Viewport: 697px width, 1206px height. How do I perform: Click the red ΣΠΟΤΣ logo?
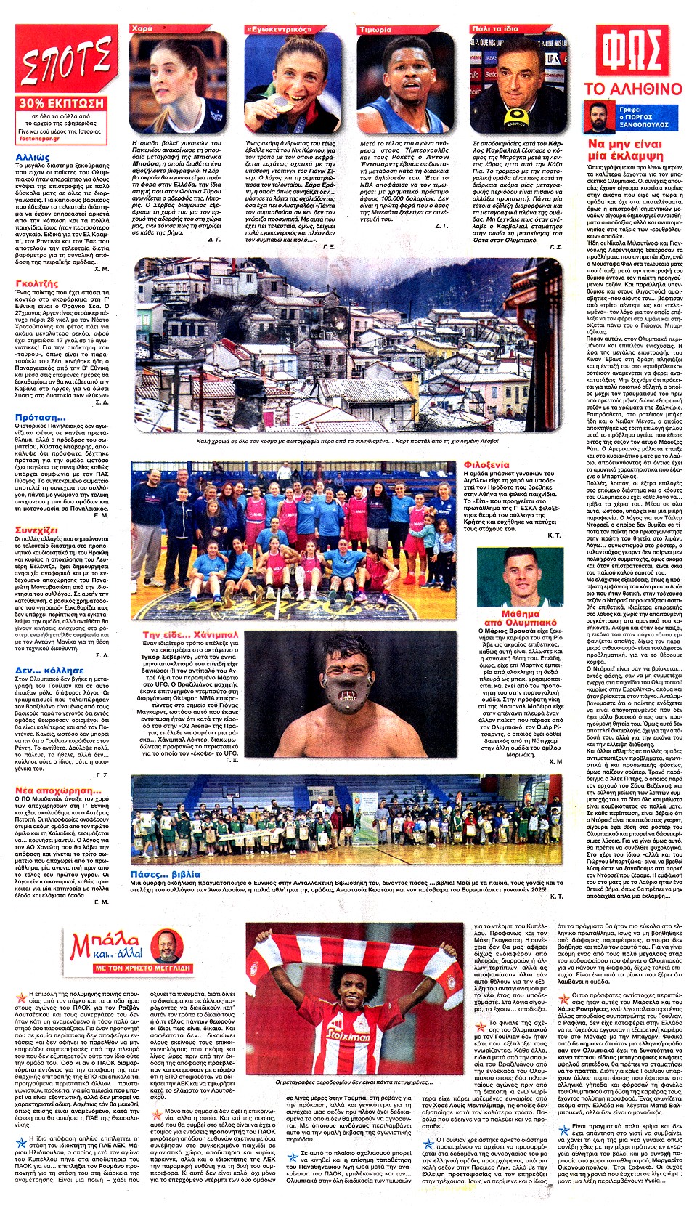tap(65, 61)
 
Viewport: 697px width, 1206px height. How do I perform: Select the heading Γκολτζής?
tap(36, 284)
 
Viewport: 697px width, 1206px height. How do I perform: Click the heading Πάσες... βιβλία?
tap(165, 874)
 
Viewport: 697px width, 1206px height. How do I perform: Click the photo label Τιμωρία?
tap(375, 30)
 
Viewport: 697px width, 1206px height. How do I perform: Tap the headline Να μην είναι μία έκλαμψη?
tap(625, 150)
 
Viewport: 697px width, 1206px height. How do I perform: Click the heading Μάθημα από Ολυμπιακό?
tap(520, 618)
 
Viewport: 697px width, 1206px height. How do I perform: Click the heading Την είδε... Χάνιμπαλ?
tap(190, 635)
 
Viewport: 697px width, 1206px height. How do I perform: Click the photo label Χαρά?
tap(142, 29)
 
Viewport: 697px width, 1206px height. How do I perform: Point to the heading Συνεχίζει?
tap(36, 530)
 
